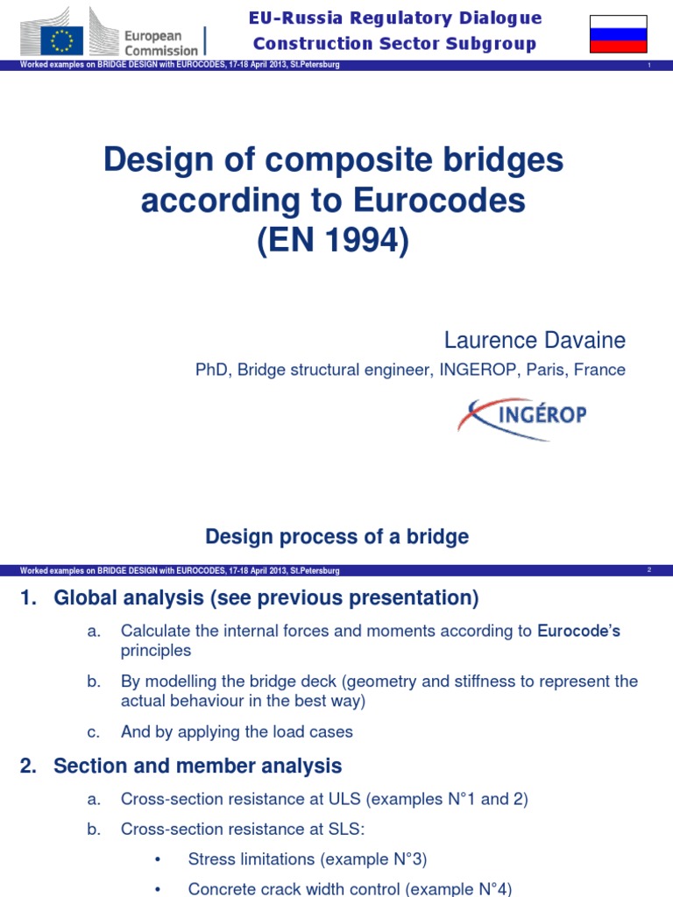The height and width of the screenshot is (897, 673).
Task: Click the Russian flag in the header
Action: (x=619, y=33)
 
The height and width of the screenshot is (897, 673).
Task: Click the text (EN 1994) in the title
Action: (x=333, y=242)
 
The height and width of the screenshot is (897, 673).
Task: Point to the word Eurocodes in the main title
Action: (x=439, y=201)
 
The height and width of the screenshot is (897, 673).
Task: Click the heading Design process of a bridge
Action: (x=336, y=537)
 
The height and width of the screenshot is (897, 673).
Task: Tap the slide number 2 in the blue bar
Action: (x=649, y=570)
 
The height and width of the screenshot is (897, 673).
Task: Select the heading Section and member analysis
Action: (x=197, y=766)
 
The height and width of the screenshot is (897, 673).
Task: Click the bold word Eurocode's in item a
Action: (x=578, y=631)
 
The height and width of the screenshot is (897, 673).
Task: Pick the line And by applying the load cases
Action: (x=237, y=731)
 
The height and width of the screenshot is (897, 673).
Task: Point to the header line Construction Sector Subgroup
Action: (x=394, y=44)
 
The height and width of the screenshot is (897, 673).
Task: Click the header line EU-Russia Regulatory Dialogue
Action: (x=395, y=18)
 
